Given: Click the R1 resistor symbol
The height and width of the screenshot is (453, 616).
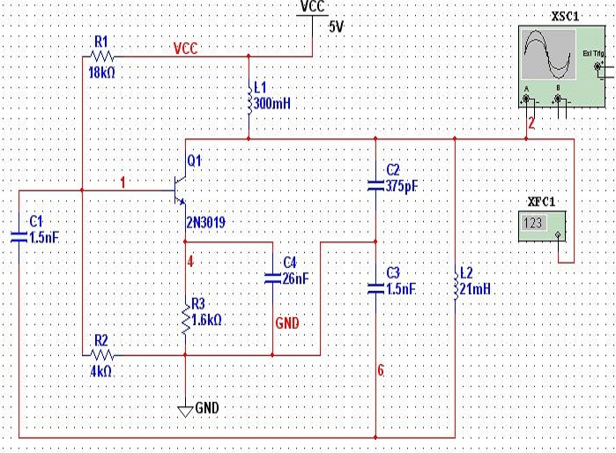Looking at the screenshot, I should point(100,55).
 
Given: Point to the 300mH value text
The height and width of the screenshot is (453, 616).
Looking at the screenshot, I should point(271,104).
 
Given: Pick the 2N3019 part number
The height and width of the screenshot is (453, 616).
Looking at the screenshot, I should point(205,223).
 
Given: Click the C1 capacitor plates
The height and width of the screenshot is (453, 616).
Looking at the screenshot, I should point(19,235).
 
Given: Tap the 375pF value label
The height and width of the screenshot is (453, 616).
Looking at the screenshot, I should point(405,187).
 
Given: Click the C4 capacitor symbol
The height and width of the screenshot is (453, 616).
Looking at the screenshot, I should point(272,278).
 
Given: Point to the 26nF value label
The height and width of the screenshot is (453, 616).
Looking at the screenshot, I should point(296,278).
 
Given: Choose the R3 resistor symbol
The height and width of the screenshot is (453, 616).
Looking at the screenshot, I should point(185,319).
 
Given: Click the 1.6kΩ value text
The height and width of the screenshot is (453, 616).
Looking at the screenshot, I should point(207,320).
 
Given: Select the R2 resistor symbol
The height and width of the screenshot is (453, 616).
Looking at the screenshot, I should point(100,355).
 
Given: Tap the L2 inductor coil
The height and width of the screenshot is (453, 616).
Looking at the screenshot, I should point(455,285).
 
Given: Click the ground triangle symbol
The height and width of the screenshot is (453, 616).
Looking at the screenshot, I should point(185,410).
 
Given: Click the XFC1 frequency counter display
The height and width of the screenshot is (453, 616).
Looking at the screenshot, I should point(533,224).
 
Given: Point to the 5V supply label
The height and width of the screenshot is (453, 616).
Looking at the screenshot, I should point(337,26).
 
